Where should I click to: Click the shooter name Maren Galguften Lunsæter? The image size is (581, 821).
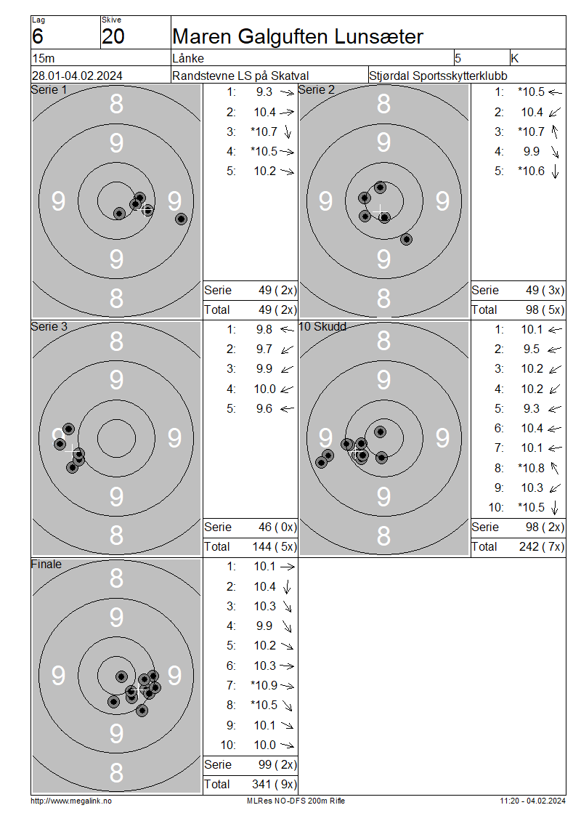297,36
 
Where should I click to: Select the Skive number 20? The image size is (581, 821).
113,36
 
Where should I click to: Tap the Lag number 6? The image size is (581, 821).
37,36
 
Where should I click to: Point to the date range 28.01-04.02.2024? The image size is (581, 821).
77,76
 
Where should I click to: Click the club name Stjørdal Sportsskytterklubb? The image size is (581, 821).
438,76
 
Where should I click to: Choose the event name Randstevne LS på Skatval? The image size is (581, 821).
240,76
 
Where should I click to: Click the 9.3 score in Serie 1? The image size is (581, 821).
264,92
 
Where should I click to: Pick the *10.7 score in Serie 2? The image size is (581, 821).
531,132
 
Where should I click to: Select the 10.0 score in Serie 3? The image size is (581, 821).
264,389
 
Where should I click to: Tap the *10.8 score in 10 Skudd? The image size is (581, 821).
531,468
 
